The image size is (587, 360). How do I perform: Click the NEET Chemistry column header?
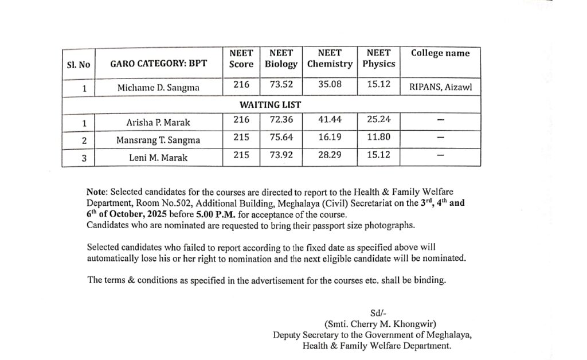[x=330, y=58]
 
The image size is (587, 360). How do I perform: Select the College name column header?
[x=440, y=53]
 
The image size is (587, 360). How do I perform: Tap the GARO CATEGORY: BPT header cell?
[x=159, y=64]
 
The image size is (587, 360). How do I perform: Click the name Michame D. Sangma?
[x=158, y=88]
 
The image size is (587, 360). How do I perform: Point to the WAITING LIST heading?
[x=270, y=105]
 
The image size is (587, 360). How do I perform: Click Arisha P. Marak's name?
[x=158, y=122]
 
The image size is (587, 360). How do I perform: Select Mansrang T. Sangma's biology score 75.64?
[x=281, y=138]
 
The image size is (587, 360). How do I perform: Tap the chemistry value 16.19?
[x=330, y=138]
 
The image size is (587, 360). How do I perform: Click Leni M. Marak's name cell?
[x=158, y=157]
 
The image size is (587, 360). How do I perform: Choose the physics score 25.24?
[x=378, y=120]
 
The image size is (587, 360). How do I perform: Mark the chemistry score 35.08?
[x=330, y=84]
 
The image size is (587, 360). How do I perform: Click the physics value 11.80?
[x=378, y=138]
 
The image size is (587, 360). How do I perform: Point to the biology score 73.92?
[x=281, y=155]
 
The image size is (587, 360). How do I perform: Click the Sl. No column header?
[x=79, y=65]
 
